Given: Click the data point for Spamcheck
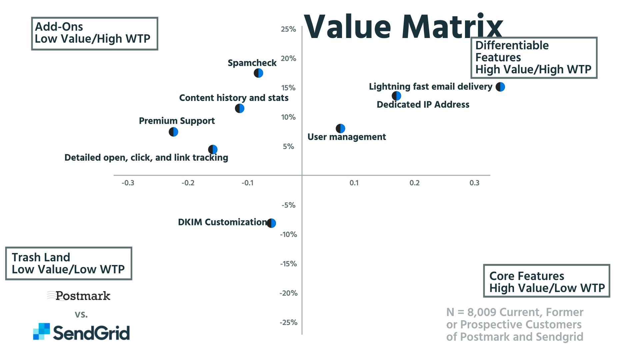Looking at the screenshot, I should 258,73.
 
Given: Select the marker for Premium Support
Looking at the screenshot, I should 173,132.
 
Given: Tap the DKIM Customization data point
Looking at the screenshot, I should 271,223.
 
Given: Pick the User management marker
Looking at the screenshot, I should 340,128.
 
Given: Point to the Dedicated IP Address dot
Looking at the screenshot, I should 396,96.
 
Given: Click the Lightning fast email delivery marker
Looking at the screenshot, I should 500,87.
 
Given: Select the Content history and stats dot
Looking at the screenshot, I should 240,108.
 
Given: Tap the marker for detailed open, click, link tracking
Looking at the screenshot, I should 213,150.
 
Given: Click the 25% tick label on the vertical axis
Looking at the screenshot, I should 288,29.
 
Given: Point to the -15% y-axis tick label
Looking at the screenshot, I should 288,264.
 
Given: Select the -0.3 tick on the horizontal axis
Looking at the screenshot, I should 128,183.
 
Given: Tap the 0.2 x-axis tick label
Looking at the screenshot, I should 415,183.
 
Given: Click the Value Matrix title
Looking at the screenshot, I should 403,27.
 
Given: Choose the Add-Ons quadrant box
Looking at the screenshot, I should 95,34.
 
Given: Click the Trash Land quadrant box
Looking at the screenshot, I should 69,263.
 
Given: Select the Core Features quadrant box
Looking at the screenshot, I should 547,281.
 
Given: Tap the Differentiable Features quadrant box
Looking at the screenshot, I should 534,58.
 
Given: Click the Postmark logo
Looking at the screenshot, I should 79,296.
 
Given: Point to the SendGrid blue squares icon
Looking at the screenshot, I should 41,331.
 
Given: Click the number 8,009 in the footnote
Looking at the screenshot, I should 482,312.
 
